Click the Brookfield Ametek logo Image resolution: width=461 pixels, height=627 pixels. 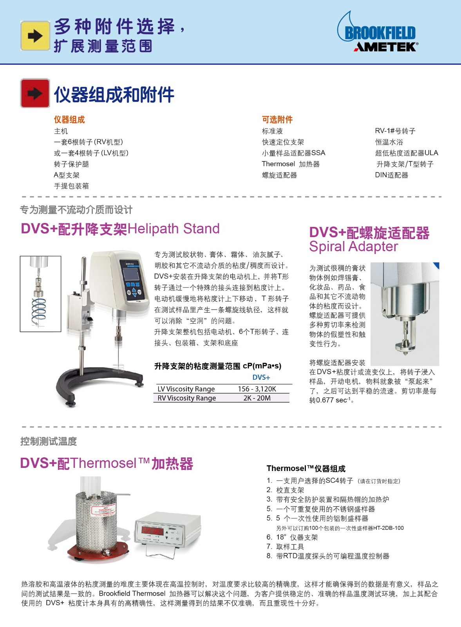378,32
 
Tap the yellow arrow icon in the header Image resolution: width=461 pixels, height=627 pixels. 35,36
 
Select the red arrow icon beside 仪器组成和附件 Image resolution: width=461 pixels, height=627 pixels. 35,93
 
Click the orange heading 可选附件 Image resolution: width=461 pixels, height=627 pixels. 277,120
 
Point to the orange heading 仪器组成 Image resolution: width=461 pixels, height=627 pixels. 69,120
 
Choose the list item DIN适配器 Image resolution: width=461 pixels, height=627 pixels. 391,175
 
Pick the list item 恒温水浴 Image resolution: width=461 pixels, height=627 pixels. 389,142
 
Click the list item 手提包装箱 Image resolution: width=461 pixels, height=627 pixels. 71,186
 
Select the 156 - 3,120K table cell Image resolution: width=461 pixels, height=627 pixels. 257,389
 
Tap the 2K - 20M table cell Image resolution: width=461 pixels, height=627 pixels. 257,398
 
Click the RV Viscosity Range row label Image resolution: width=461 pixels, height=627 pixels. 186,398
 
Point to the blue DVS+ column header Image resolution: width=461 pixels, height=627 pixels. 261,377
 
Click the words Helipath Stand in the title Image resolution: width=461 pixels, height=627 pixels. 174,229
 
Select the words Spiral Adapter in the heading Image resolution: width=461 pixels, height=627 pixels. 353,246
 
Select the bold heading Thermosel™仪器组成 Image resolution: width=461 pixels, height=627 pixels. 306,468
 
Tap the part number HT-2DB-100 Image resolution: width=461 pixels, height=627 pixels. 388,528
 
